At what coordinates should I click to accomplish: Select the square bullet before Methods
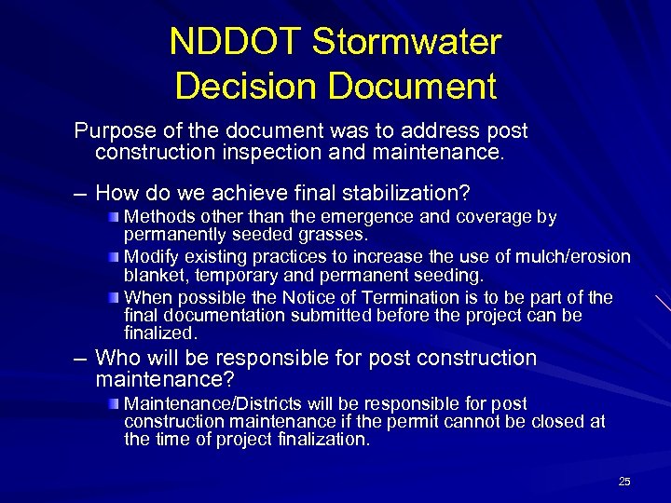point(113,217)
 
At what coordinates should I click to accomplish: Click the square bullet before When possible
point(113,297)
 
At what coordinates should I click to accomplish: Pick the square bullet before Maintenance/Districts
point(113,403)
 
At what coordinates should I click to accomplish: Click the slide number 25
point(624,482)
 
